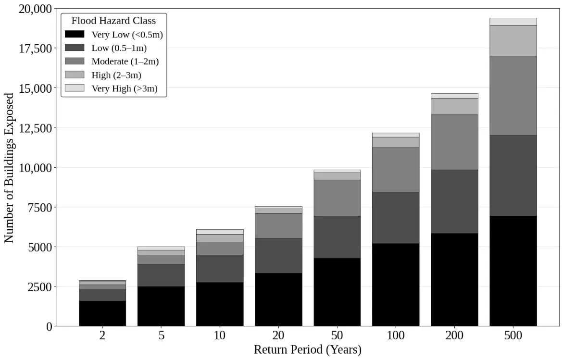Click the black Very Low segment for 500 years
click(513, 271)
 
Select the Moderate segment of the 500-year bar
click(513, 96)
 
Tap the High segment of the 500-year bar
click(513, 41)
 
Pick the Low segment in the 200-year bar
click(454, 202)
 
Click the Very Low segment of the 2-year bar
click(103, 314)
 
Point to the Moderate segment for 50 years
click(337, 198)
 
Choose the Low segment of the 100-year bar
click(396, 218)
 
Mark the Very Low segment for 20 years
click(279, 300)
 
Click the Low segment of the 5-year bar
click(161, 275)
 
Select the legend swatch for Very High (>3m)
click(75, 88)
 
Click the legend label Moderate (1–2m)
click(125, 62)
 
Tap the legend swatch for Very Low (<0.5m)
click(75, 34)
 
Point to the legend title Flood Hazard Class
click(113, 21)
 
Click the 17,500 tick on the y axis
click(35, 49)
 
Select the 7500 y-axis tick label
click(40, 208)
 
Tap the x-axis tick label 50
click(337, 335)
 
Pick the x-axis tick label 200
click(454, 335)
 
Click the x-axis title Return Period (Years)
click(308, 349)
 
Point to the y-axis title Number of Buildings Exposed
click(9, 168)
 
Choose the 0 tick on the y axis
click(49, 327)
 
